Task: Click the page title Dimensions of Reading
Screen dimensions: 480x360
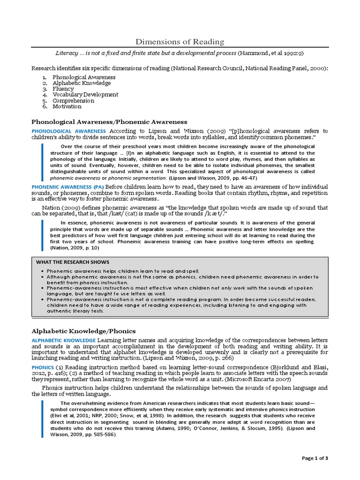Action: point(180,42)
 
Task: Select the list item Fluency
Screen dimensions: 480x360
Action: point(63,89)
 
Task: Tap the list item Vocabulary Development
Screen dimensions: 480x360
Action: point(85,95)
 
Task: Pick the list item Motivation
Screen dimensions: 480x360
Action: point(67,106)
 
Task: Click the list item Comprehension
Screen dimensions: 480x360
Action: point(73,100)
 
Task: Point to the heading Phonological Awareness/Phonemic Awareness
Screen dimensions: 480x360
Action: point(109,121)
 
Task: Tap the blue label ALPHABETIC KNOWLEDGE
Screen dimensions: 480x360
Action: point(64,340)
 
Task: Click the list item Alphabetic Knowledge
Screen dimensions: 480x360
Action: point(82,83)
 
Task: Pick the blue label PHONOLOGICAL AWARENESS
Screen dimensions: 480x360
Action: point(68,131)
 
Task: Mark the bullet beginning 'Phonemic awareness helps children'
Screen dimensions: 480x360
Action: point(123,271)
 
